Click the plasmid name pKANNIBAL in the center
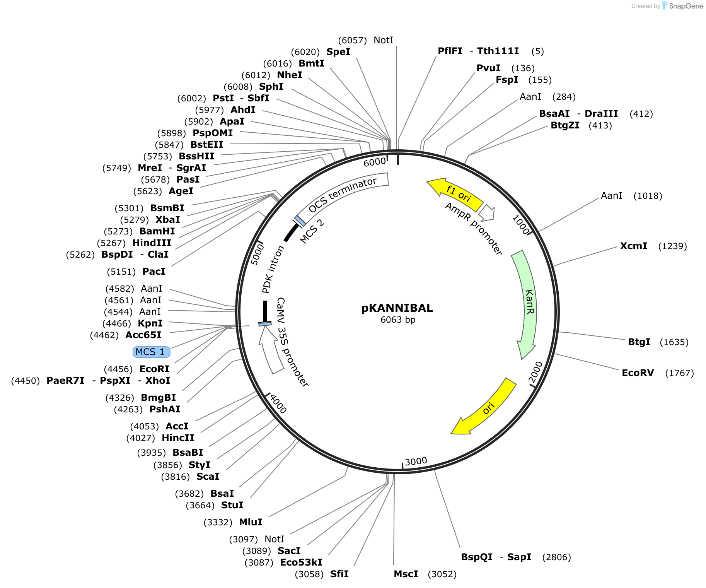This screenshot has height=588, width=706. [x=397, y=308]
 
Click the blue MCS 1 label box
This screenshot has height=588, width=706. [x=151, y=352]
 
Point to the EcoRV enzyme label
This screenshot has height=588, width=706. [x=638, y=373]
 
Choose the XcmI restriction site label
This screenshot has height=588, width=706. [x=633, y=246]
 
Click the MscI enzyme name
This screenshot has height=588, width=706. [x=406, y=574]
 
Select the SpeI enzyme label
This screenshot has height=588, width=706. [x=338, y=52]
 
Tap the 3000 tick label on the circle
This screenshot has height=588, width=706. [x=416, y=462]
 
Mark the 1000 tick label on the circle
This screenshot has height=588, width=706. [x=520, y=225]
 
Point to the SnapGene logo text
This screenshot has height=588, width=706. [x=686, y=6]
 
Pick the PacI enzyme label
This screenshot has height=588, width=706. [x=154, y=272]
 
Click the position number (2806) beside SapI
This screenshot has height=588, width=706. [x=556, y=557]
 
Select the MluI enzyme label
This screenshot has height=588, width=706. [x=251, y=522]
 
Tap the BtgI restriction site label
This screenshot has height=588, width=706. [x=639, y=342]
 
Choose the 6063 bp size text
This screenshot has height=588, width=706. [x=398, y=320]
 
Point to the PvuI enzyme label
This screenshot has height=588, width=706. [x=488, y=68]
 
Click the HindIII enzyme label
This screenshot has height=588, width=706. [x=152, y=243]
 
